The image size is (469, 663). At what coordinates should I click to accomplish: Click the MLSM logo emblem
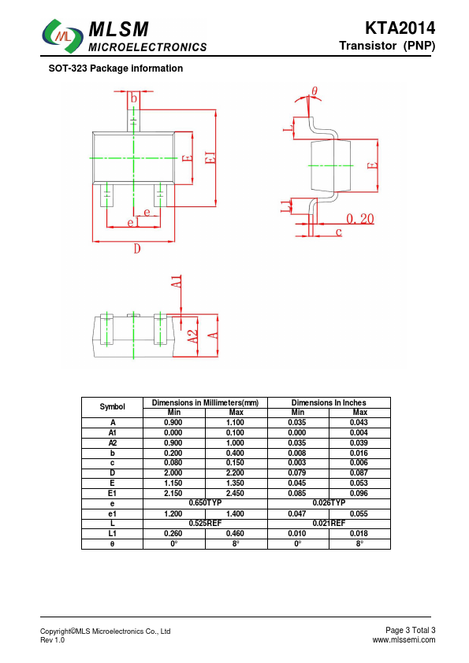coord(62,36)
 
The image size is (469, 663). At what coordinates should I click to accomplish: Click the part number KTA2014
coord(400,28)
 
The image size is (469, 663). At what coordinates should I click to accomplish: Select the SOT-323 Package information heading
coord(116,69)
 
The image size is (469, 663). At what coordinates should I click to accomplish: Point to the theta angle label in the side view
coord(315,91)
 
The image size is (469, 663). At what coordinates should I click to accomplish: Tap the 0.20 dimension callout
coord(360,219)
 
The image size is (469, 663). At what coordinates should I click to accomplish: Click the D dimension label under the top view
coord(136,249)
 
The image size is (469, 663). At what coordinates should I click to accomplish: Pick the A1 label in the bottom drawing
coord(177,282)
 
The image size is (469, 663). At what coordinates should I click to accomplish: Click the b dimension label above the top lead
coord(134,98)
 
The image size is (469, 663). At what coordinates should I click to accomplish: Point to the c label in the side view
coord(339,232)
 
